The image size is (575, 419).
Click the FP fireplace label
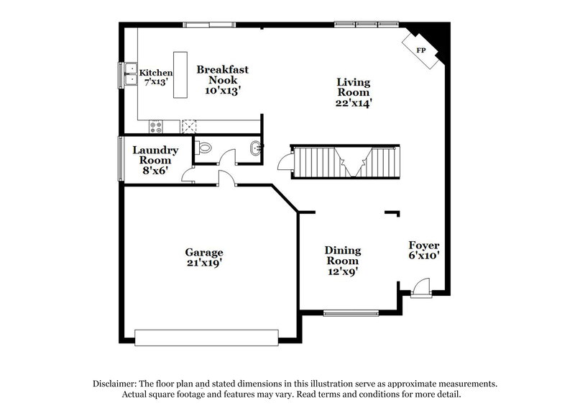click(421, 51)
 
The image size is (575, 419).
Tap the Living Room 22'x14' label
click(354, 92)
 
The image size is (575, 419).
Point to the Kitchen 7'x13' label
click(156, 77)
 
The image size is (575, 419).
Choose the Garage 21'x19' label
click(204, 258)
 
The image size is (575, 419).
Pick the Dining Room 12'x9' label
click(343, 261)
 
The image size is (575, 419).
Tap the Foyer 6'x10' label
click(424, 249)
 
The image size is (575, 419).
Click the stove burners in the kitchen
click(156, 127)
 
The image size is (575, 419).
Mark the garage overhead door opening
click(206, 336)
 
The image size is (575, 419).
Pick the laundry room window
click(120, 157)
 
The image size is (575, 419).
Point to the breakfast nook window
click(208, 25)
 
